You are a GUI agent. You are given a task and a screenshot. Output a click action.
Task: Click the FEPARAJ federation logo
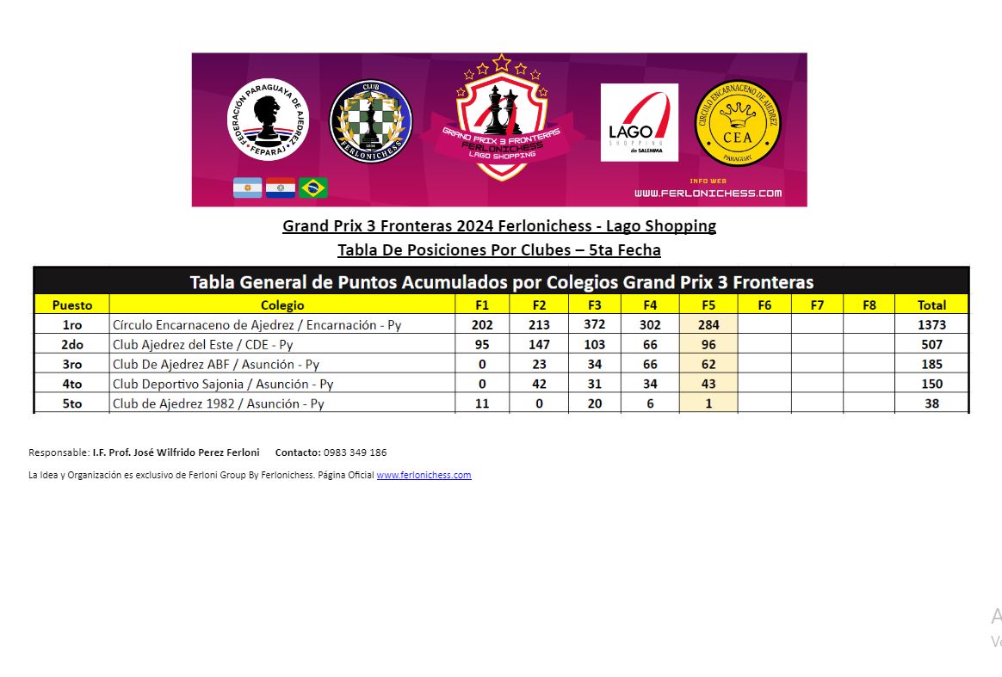coord(267,120)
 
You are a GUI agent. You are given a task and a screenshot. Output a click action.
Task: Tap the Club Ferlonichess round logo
coord(370,121)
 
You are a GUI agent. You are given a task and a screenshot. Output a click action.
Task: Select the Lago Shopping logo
coord(639,122)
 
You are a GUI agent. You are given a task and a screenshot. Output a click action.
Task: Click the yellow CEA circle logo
coord(738,124)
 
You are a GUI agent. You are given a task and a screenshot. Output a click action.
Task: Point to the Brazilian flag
coord(313,188)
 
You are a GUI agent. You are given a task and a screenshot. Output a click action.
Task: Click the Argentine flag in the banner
coord(248,188)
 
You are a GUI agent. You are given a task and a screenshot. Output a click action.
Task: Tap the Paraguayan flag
coord(281,188)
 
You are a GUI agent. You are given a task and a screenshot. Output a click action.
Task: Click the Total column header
coord(931,305)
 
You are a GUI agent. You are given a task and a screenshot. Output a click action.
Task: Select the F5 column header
coord(708,305)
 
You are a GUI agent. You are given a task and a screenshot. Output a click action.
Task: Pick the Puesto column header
coord(71,305)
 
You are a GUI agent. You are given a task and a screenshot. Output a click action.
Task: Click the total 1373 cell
coord(931,325)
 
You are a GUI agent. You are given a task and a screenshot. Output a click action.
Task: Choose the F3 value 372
coord(595,325)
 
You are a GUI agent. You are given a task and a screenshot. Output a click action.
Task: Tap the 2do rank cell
coord(71,345)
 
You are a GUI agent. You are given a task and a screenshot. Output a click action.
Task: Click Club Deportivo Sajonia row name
coord(223,384)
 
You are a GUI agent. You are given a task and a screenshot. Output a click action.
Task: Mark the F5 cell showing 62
coord(708,365)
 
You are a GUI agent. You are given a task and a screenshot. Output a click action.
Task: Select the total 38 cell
coord(931,403)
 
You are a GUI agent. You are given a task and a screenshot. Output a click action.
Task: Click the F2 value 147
coord(539,345)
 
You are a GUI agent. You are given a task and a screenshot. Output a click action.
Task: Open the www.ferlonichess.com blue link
coord(424,475)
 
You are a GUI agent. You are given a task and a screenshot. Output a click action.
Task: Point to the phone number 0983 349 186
coord(355,452)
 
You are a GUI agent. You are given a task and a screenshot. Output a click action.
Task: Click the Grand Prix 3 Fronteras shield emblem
coord(501,120)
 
